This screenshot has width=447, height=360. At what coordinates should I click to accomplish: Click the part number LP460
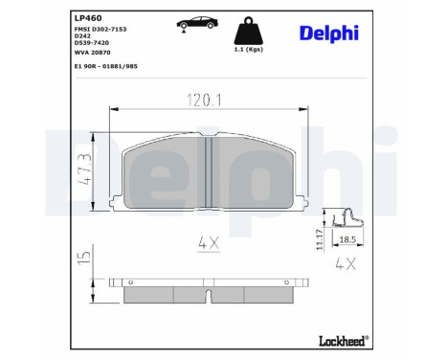click(89, 16)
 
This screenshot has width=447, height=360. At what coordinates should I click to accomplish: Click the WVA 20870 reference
click(93, 56)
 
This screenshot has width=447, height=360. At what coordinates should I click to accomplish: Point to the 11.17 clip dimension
click(319, 239)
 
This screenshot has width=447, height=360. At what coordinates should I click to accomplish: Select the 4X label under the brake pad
click(209, 244)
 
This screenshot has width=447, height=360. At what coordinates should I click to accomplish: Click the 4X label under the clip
click(347, 261)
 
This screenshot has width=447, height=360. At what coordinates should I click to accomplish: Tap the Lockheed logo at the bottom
click(343, 340)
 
